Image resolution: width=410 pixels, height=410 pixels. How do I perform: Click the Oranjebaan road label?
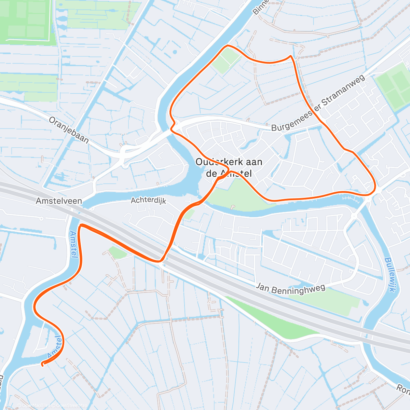(69, 130)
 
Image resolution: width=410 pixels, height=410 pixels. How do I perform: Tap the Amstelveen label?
(59, 201)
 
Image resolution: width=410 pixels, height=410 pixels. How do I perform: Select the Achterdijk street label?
(148, 200)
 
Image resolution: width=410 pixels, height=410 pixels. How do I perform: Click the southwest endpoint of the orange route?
(42, 365)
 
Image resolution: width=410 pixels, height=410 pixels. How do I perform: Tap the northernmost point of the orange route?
(227, 45)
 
